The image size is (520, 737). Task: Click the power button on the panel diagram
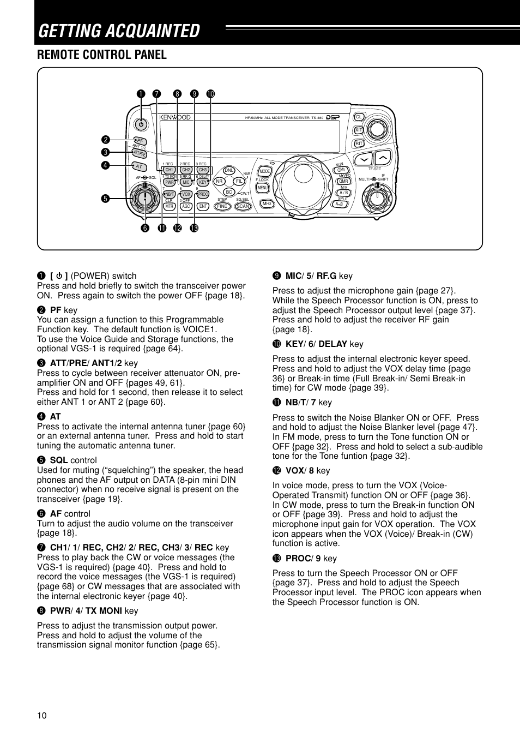(141, 124)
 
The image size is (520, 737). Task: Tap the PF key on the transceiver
(140, 141)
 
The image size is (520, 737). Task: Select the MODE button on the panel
(265, 171)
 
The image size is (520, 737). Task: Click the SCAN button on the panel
(243, 206)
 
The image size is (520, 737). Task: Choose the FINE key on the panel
(222, 206)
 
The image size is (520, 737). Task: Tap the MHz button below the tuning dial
(267, 203)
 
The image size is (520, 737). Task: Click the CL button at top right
(359, 117)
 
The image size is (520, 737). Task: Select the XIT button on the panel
(359, 130)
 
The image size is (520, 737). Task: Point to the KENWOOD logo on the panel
(175, 117)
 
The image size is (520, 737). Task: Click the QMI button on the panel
(342, 170)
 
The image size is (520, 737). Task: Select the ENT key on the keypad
(203, 206)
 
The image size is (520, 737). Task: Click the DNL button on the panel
(229, 170)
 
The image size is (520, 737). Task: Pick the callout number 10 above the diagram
(210, 94)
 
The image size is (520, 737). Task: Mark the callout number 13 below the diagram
(194, 228)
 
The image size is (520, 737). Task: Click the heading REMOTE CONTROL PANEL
(102, 55)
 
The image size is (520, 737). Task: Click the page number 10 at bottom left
(42, 716)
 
